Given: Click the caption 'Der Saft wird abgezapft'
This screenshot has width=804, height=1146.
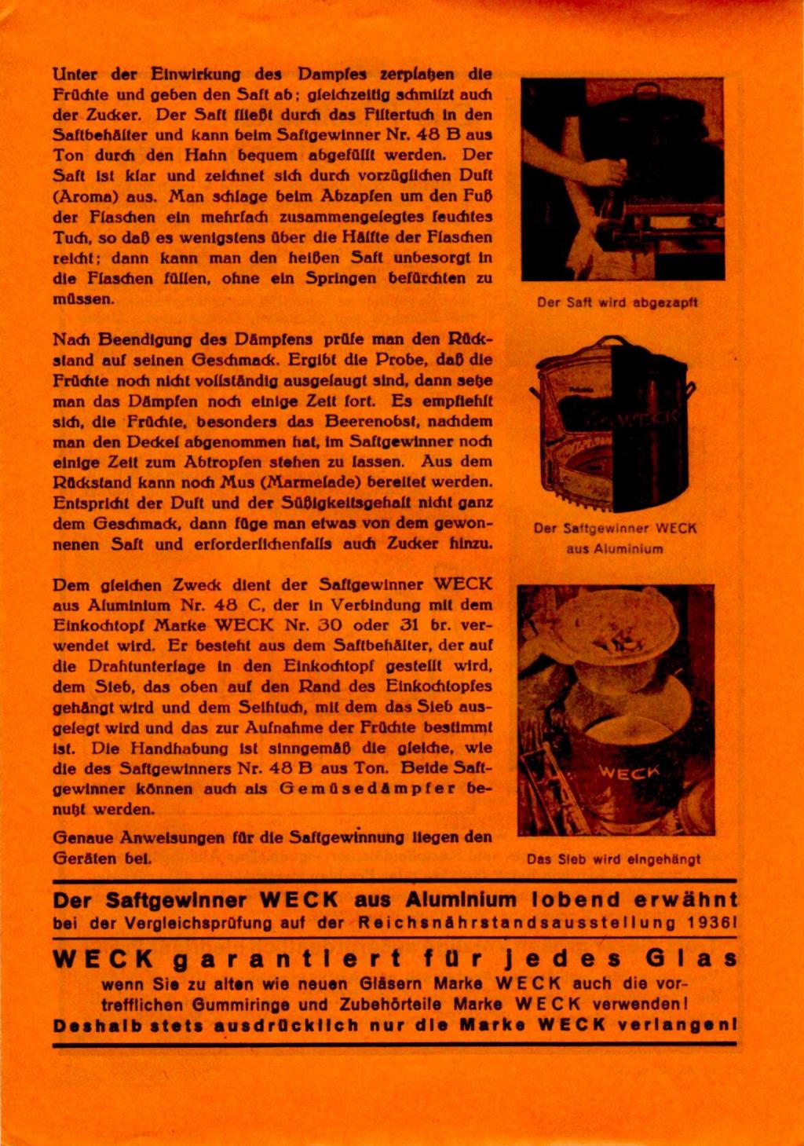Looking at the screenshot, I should pos(617,302).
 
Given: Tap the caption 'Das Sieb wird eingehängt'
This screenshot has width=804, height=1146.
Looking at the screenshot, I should pos(613,859).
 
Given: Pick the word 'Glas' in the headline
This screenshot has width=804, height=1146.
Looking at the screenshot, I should pos(691,959).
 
